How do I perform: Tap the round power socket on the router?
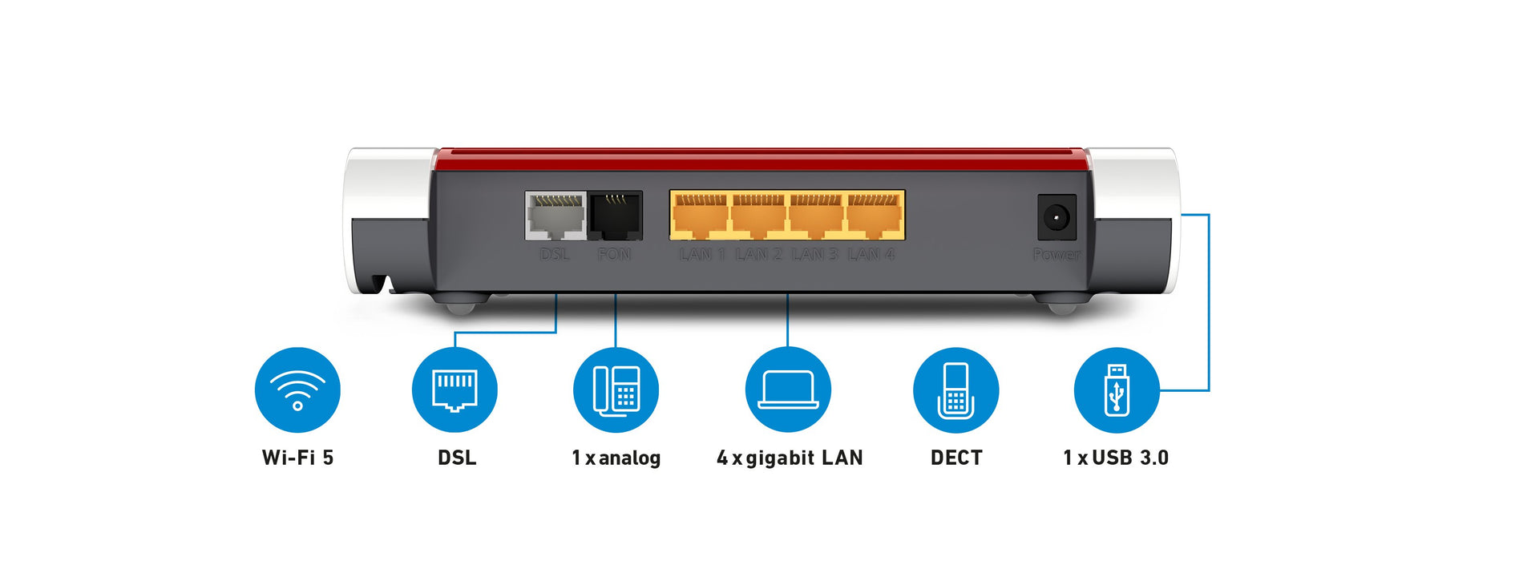pyautogui.click(x=1056, y=217)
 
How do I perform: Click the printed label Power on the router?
pyautogui.click(x=1056, y=255)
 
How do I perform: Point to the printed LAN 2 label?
pyautogui.click(x=758, y=255)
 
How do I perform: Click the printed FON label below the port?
pyautogui.click(x=614, y=255)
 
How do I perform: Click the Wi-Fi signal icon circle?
pyautogui.click(x=297, y=390)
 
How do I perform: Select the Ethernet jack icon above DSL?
pyautogui.click(x=454, y=390)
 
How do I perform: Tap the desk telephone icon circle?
pyautogui.click(x=616, y=390)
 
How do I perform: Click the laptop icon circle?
pyautogui.click(x=788, y=390)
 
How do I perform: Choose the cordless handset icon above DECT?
pyautogui.click(x=955, y=390)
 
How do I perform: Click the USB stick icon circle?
pyautogui.click(x=1116, y=390)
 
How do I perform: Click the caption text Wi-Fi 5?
pyautogui.click(x=297, y=458)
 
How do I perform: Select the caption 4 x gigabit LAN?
pyautogui.click(x=790, y=458)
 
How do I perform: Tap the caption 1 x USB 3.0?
pyautogui.click(x=1116, y=458)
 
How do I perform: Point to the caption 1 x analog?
pyautogui.click(x=616, y=458)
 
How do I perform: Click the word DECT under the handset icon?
pyautogui.click(x=956, y=458)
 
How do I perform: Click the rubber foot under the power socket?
pyautogui.click(x=1061, y=305)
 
